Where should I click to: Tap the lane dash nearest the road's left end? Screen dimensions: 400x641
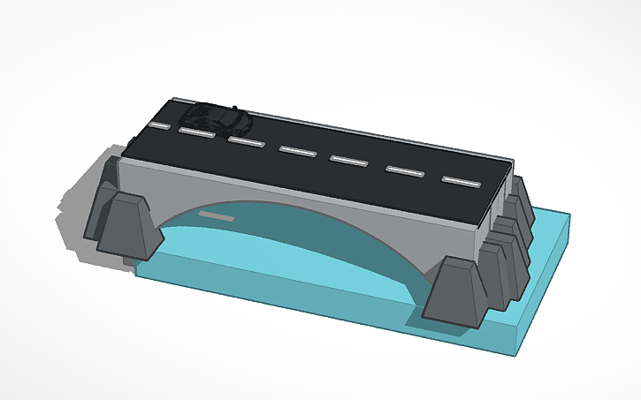coord(159,125)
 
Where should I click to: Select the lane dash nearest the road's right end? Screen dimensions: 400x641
coord(461,180)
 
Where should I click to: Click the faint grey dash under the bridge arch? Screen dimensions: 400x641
coord(216,215)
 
